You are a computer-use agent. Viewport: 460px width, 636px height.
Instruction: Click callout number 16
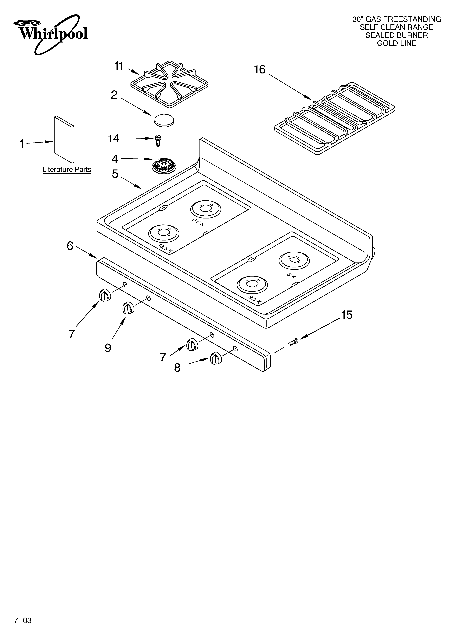260,70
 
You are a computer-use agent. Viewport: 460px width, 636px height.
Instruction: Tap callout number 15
347,315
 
